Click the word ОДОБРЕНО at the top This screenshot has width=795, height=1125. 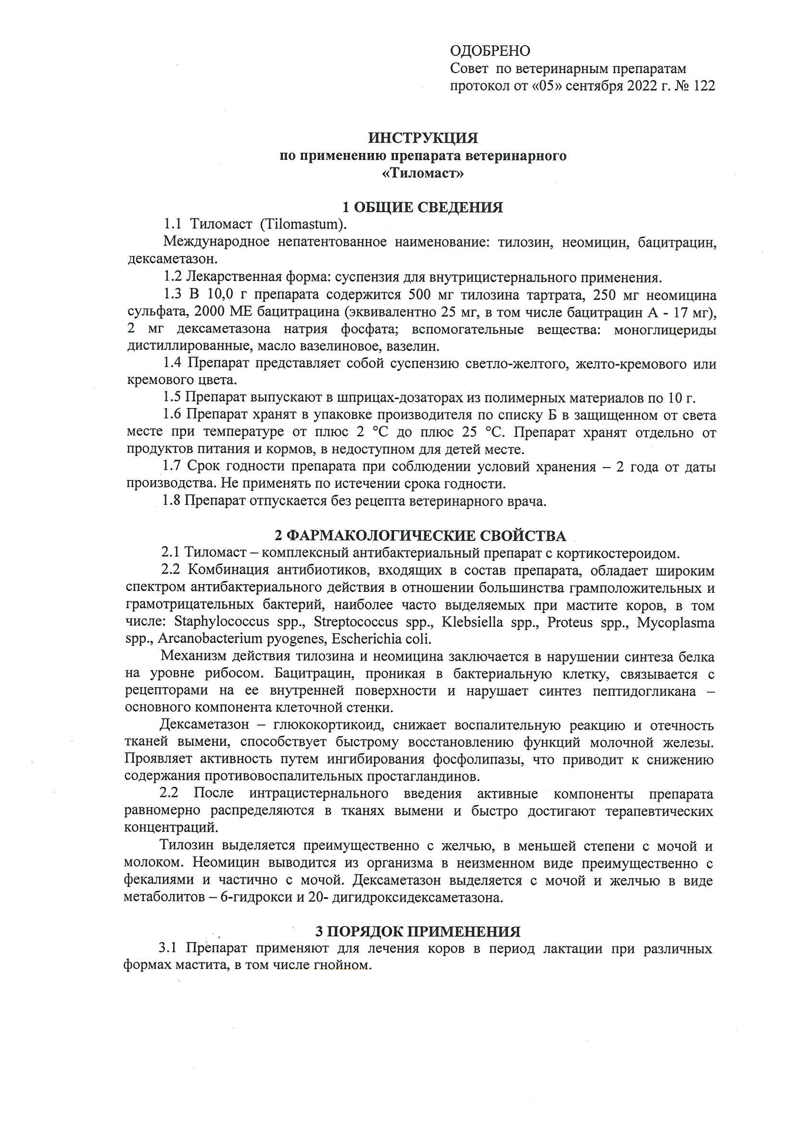[490, 51]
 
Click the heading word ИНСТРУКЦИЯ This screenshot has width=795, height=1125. [423, 138]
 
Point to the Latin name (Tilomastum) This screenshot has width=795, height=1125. [303, 224]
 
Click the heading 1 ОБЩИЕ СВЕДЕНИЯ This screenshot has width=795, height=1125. [422, 207]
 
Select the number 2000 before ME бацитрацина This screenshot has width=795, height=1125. [209, 312]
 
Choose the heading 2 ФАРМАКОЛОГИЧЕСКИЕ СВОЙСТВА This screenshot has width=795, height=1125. [420, 536]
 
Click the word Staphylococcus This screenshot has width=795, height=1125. [221, 622]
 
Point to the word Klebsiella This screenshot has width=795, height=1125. [472, 622]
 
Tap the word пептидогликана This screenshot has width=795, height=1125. [644, 691]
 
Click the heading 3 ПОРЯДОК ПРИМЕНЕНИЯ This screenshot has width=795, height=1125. [417, 932]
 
